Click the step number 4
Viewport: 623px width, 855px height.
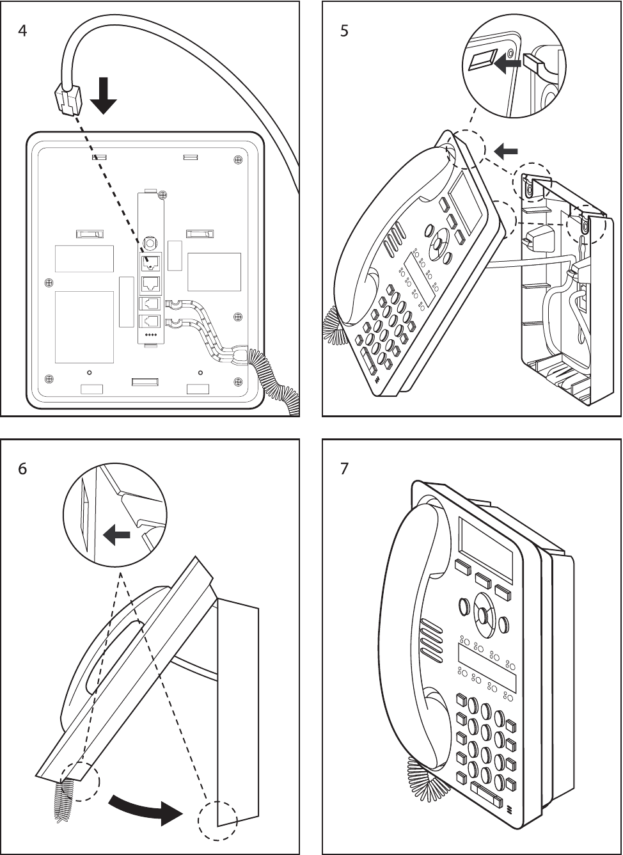pos(22,31)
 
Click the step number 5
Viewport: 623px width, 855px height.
pos(344,31)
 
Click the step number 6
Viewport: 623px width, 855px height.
pos(22,469)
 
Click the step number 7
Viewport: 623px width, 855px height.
pos(344,469)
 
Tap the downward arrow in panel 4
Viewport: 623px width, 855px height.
pos(103,95)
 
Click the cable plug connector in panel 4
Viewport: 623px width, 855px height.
pos(68,100)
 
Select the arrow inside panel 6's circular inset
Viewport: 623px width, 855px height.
pos(117,535)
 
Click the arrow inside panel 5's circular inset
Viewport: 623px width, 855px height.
pos(507,64)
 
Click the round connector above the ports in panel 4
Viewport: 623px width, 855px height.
pos(150,243)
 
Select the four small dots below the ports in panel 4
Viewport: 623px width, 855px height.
pos(152,335)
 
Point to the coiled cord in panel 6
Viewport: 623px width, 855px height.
pos(66,797)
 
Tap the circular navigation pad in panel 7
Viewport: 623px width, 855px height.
pos(484,614)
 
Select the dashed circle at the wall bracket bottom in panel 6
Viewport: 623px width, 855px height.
pos(217,820)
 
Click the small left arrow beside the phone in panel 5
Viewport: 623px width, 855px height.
pos(506,152)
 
